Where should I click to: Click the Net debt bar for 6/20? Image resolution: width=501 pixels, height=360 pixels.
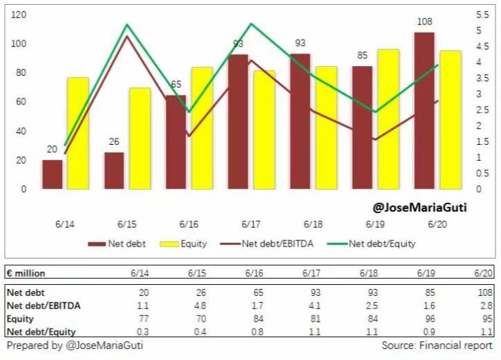click(424, 111)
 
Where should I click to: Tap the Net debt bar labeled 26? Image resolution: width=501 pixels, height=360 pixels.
click(114, 171)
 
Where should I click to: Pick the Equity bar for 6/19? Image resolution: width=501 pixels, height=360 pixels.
click(388, 119)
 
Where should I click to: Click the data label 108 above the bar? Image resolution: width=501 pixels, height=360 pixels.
click(424, 22)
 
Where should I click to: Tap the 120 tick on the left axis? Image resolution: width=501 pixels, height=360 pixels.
click(19, 15)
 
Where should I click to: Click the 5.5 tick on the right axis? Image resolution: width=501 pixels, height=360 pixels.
click(482, 15)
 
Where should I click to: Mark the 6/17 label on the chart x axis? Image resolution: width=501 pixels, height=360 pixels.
click(250, 225)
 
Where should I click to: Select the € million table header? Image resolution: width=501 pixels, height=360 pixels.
click(26, 274)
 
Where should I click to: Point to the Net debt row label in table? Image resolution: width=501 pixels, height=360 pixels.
click(26, 292)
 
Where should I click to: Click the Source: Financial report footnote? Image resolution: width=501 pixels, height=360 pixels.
click(436, 345)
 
